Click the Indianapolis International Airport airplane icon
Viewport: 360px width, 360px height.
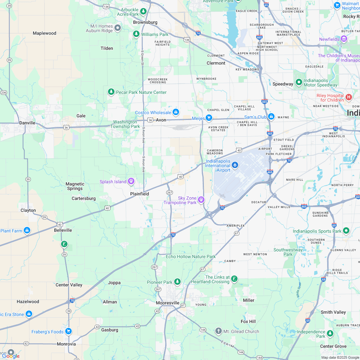(x=235, y=165)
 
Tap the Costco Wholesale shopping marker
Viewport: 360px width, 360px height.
(x=175, y=112)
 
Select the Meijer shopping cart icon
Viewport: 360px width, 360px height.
(x=209, y=118)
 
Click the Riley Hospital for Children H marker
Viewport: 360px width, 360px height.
(x=349, y=96)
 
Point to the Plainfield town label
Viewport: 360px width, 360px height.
(x=139, y=194)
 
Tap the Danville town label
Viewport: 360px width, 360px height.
(x=27, y=123)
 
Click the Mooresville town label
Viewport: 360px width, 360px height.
(x=167, y=303)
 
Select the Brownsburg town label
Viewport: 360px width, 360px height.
(x=145, y=22)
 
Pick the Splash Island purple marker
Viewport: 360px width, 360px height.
(x=131, y=182)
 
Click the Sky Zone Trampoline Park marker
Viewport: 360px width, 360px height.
(x=201, y=200)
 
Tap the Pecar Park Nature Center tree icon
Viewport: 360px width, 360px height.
(x=111, y=92)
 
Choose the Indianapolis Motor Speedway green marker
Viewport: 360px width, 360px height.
(x=299, y=83)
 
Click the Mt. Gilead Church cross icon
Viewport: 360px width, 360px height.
(x=219, y=331)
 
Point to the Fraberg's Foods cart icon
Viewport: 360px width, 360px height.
(x=68, y=331)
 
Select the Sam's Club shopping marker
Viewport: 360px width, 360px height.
(x=271, y=117)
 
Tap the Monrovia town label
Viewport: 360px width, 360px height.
(x=66, y=344)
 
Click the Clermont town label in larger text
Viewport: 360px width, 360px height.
(x=216, y=63)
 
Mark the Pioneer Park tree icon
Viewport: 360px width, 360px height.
(x=177, y=282)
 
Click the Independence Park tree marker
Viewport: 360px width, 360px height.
(x=330, y=334)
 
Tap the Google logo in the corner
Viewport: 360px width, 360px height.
(x=10, y=356)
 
